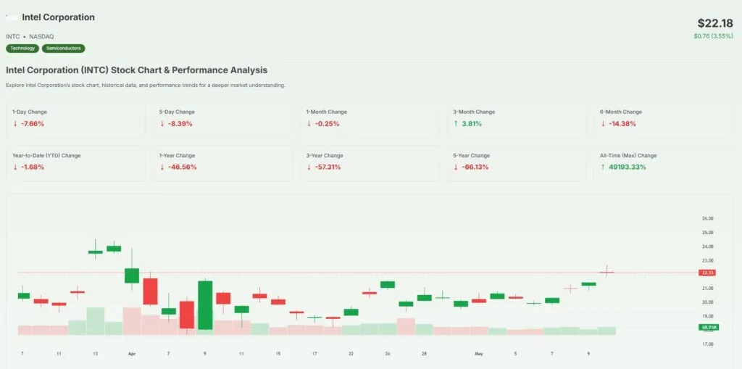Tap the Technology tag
[x=22, y=49]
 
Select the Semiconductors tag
[x=64, y=49]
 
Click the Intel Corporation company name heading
[x=58, y=17]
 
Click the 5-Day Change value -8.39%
[x=179, y=124]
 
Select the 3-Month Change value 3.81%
[x=471, y=124]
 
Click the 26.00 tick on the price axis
[x=708, y=219]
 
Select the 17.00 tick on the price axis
[x=708, y=344]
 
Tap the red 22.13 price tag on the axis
[x=708, y=273]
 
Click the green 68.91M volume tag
[x=708, y=327]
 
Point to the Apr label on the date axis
[x=132, y=354]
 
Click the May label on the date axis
[x=478, y=354]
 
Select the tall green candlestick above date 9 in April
[x=205, y=304]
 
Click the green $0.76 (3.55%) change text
[x=713, y=36]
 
